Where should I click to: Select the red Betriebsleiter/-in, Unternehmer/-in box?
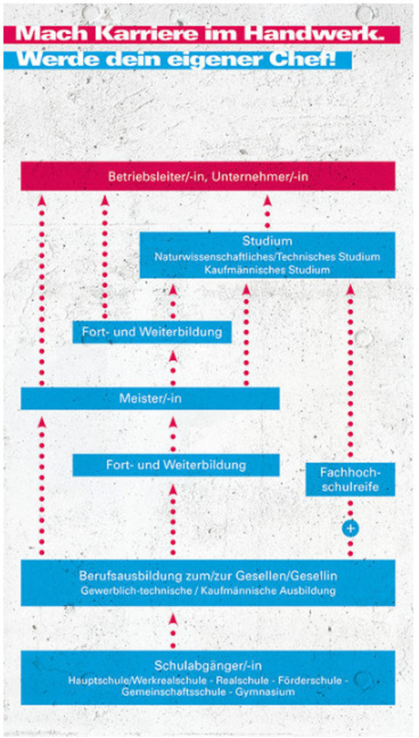208,176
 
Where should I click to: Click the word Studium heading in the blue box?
267,241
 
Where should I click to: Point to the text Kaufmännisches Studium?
267,269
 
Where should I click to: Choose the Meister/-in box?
150,398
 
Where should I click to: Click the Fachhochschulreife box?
350,479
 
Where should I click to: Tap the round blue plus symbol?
350,528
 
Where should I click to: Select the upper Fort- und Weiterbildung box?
152,332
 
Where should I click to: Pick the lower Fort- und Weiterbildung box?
175,465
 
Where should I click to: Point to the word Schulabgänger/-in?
208,666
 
